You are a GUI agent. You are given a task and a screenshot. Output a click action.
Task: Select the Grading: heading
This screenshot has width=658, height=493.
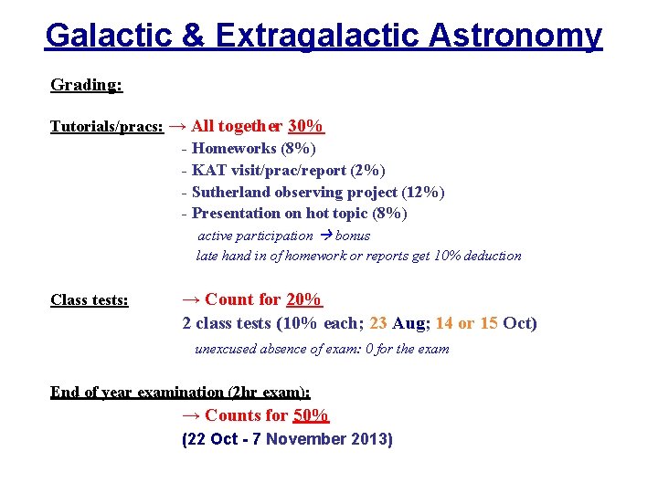pyautogui.click(x=86, y=85)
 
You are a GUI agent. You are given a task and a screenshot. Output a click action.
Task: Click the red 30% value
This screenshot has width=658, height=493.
pyautogui.click(x=305, y=126)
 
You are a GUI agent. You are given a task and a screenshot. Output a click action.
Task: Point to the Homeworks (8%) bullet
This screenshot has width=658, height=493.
pyautogui.click(x=253, y=148)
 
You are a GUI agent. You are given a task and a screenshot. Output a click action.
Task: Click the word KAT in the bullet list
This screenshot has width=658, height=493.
pyautogui.click(x=207, y=170)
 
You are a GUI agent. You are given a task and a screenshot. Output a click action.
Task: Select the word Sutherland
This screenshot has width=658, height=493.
pyautogui.click(x=231, y=192)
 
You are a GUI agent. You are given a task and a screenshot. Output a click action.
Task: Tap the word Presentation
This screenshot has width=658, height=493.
pyautogui.click(x=236, y=214)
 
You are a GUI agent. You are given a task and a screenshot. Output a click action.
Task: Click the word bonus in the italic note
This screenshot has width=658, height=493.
pyautogui.click(x=353, y=236)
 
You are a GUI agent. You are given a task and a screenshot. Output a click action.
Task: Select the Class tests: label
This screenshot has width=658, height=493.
pyautogui.click(x=90, y=299)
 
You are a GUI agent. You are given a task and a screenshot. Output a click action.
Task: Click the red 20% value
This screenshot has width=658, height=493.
pyautogui.click(x=303, y=299)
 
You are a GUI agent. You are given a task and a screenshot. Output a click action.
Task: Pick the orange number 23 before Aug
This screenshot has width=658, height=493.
pyautogui.click(x=378, y=323)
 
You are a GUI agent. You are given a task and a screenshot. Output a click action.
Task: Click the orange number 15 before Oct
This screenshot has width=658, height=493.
pyautogui.click(x=488, y=323)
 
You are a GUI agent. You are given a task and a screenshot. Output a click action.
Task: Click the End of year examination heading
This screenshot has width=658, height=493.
pyautogui.click(x=180, y=393)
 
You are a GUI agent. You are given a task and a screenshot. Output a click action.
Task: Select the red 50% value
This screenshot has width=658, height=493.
pyautogui.click(x=310, y=415)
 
